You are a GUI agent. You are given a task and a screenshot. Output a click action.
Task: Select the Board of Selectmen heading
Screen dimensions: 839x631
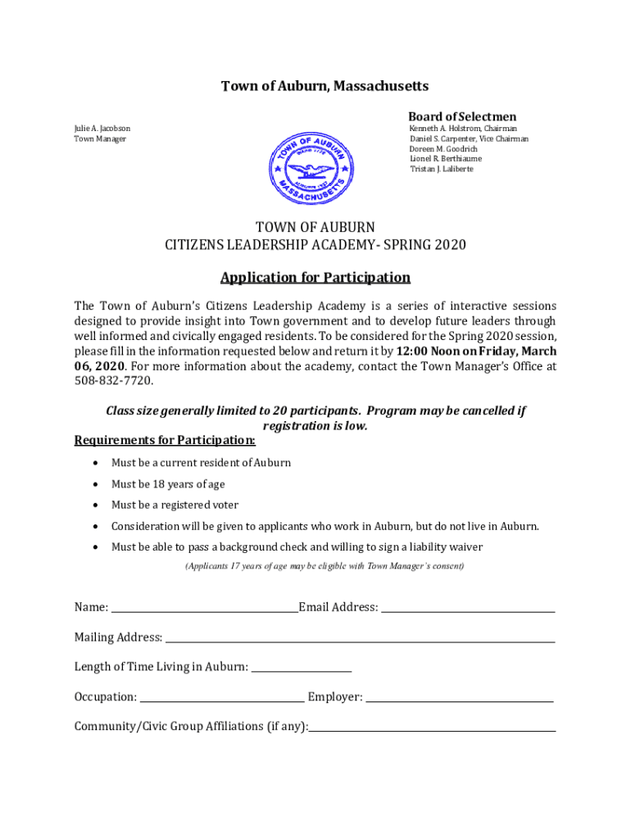(462, 116)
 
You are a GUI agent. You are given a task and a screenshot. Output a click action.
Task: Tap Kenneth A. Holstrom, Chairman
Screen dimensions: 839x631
(463, 129)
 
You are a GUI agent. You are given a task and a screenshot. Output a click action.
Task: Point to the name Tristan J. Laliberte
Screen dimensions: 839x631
(442, 169)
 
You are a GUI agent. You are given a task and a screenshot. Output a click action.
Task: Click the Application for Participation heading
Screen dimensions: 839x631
(315, 277)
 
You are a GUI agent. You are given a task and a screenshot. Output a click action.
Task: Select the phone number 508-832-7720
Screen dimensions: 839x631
(114, 381)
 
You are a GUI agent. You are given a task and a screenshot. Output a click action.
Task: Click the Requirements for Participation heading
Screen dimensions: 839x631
(165, 441)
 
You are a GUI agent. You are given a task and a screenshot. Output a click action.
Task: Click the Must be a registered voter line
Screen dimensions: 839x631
(175, 506)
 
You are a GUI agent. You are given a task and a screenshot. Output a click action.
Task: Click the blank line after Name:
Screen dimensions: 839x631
(204, 609)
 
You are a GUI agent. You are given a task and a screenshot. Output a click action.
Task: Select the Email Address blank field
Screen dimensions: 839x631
(468, 609)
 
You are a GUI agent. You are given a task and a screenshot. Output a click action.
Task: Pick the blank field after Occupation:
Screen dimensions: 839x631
(222, 698)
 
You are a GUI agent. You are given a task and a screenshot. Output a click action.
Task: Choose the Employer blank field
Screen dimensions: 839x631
(459, 698)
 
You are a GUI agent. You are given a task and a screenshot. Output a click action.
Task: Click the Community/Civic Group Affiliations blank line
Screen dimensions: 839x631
(432, 728)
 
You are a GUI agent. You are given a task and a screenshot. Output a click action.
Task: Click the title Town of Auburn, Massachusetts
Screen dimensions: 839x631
(315, 86)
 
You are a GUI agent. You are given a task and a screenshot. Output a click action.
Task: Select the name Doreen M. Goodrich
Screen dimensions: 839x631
(443, 149)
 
